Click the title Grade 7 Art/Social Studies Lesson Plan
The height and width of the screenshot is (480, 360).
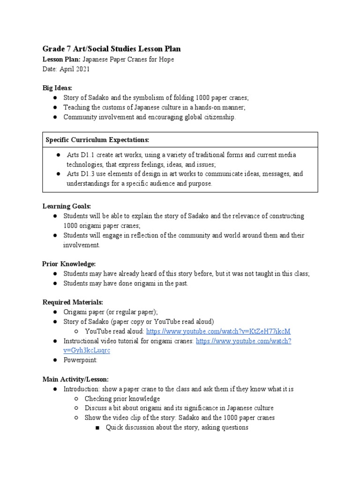(x=112, y=49)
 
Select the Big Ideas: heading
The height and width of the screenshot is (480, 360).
(x=58, y=88)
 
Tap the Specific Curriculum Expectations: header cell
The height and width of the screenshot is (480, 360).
(x=97, y=140)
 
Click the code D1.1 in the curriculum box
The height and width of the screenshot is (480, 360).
(x=85, y=155)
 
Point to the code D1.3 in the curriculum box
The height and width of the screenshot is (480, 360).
(x=85, y=174)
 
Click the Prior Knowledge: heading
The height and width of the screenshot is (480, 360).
(x=69, y=264)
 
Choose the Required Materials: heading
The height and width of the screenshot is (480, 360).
(x=73, y=302)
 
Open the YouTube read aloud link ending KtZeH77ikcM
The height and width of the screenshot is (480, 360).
(x=218, y=331)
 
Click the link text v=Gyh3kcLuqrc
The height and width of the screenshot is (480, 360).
(x=87, y=350)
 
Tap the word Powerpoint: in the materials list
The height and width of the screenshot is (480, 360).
(x=81, y=360)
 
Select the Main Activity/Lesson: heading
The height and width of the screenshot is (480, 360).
(x=75, y=379)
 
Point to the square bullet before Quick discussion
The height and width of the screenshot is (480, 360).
(x=98, y=427)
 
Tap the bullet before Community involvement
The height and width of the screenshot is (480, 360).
(x=55, y=117)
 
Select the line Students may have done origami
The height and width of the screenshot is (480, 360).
(x=126, y=284)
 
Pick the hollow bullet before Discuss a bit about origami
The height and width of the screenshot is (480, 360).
(x=76, y=408)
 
